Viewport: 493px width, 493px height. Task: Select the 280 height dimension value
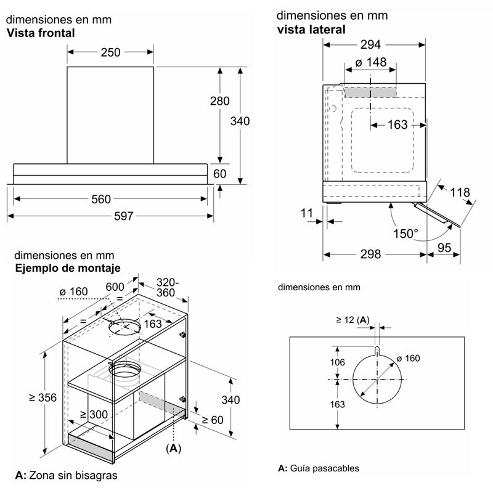(219, 101)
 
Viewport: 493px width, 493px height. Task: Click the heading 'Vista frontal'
(41, 33)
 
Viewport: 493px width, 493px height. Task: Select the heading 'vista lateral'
(311, 29)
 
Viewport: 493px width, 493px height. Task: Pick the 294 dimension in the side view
(370, 44)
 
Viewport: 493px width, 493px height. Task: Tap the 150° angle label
(406, 234)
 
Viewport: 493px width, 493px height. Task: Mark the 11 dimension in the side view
(308, 213)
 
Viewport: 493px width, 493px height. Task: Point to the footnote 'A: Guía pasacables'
(319, 468)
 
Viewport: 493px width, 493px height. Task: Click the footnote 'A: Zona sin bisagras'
(66, 476)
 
